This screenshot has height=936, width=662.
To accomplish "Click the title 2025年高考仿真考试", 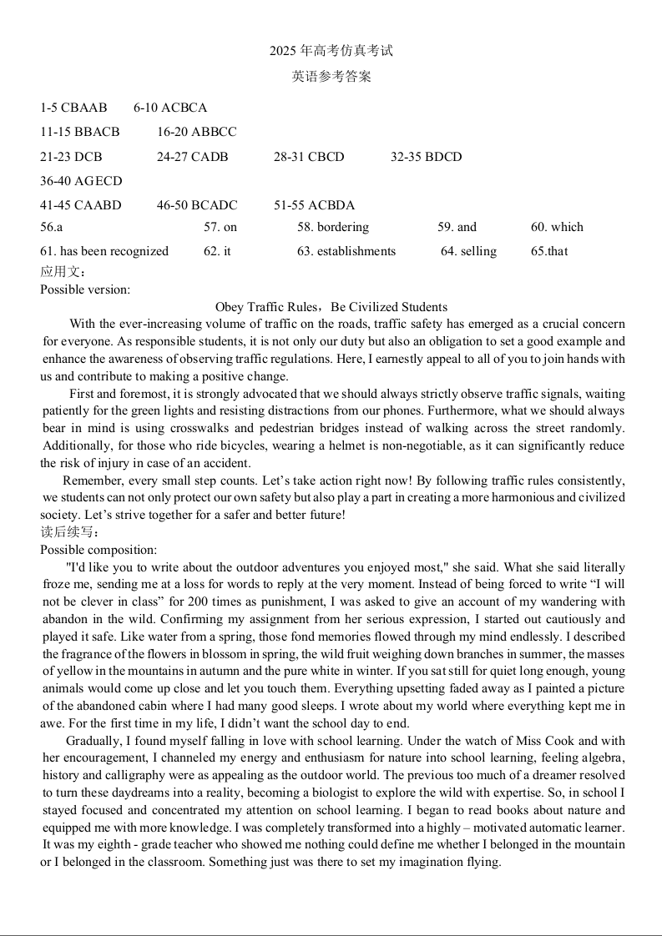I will [331, 51].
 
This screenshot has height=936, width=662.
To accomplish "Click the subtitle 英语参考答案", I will [331, 77].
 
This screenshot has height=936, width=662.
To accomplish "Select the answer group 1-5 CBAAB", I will [73, 108].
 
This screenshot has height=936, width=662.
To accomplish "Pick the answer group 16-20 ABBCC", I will [196, 132].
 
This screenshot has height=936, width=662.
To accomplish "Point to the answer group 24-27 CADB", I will [192, 157].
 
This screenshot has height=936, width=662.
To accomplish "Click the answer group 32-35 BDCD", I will [426, 157].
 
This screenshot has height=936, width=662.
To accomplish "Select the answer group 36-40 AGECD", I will [81, 181].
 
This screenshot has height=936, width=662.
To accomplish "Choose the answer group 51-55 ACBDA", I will [314, 205].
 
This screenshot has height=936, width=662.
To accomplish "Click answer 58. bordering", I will [332, 227].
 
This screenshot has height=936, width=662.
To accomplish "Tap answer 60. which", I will [557, 227].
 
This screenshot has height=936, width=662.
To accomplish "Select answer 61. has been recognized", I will [104, 251].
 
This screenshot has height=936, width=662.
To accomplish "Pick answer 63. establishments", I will [346, 251].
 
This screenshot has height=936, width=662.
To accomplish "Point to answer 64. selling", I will [468, 251].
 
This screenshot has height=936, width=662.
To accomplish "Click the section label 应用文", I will [63, 271].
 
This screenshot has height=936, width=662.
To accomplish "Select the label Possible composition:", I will [99, 550].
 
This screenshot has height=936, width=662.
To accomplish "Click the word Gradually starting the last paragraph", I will [93, 741].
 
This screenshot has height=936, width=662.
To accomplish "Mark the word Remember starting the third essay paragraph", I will [91, 481].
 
